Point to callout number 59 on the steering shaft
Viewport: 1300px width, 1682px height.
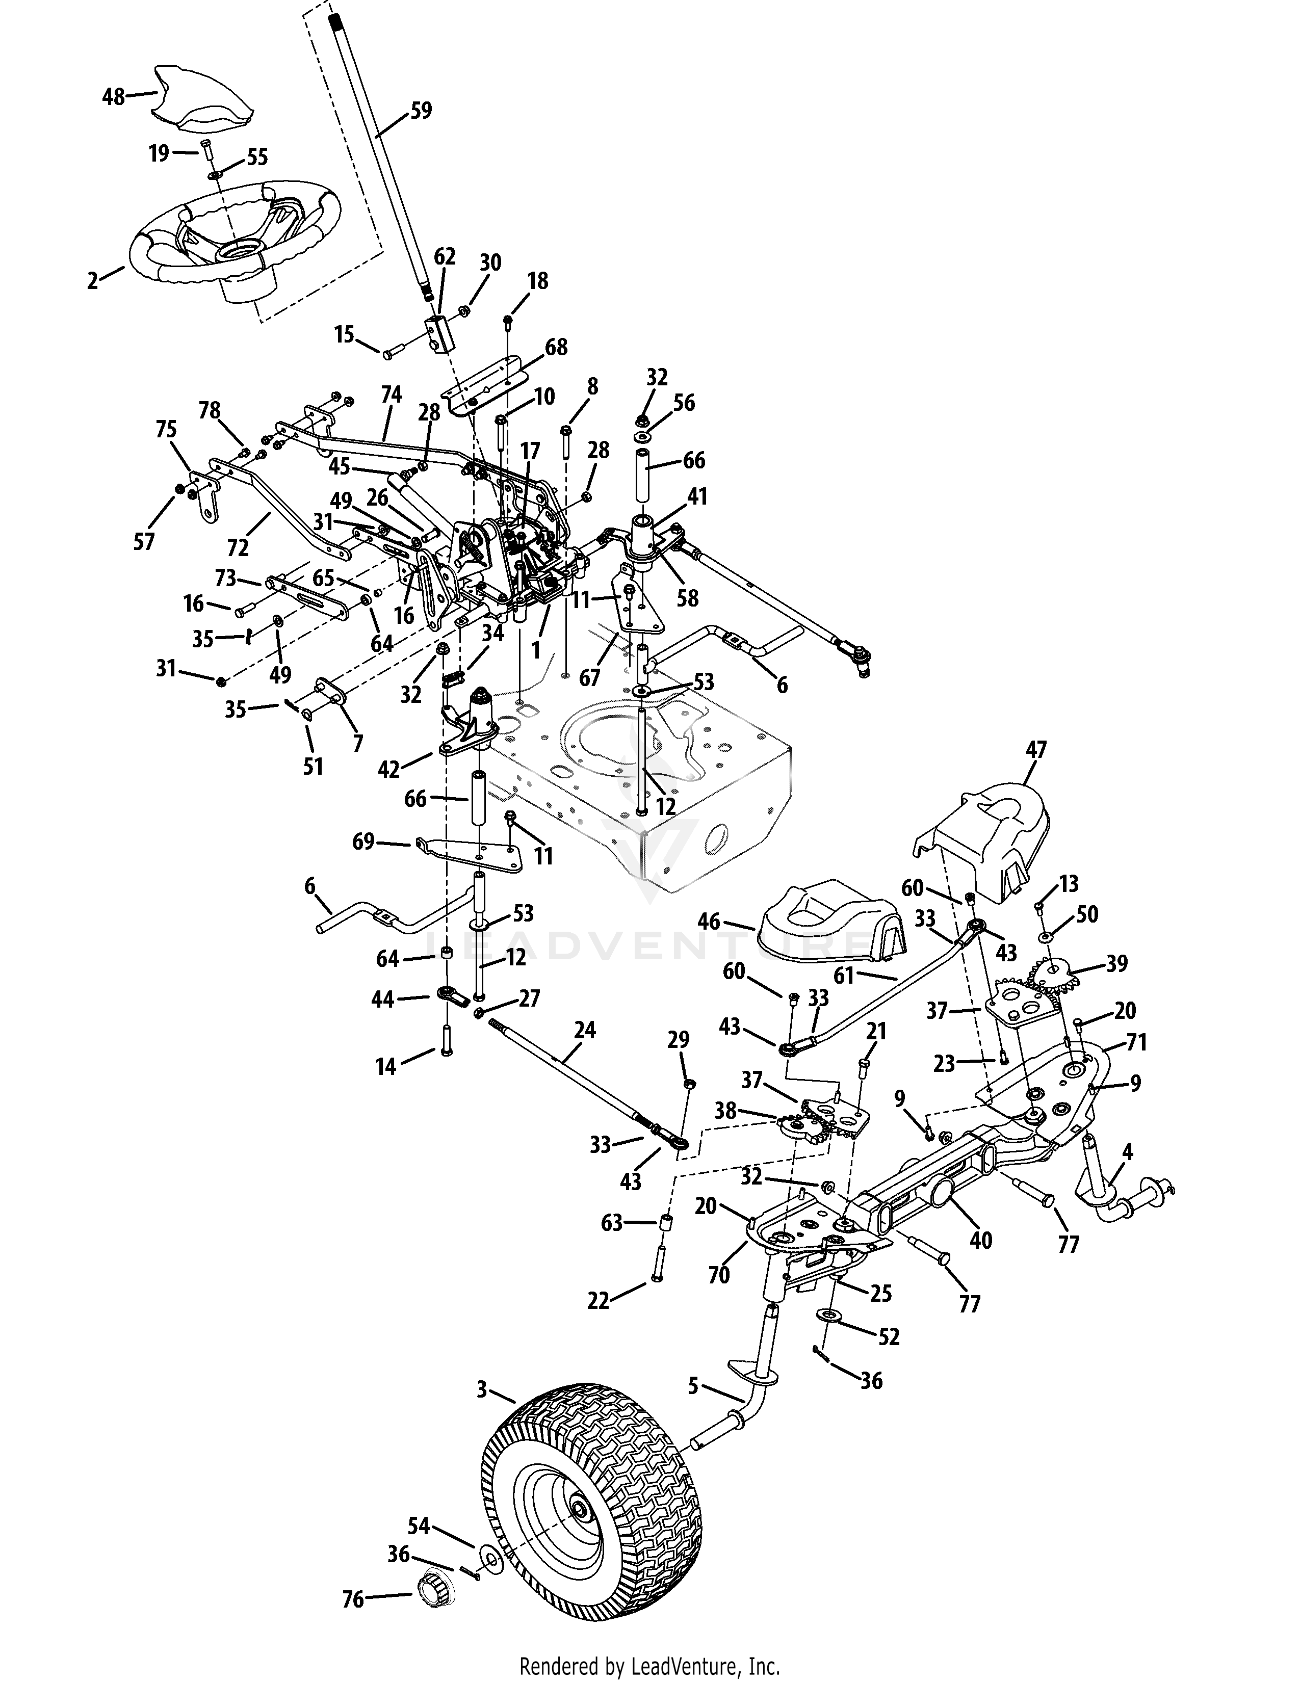coord(421,111)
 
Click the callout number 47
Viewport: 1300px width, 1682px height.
coord(1036,749)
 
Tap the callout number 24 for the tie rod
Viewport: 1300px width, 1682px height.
coord(585,1030)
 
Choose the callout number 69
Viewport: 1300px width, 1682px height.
coord(363,842)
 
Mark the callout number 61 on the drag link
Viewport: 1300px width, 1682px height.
coord(844,976)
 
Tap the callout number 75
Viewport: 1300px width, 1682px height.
coord(166,429)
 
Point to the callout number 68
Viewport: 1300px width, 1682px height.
coord(556,347)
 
